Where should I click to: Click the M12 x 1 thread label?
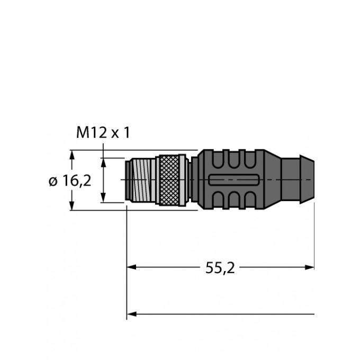click(x=103, y=133)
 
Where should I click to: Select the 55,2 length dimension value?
click(x=220, y=268)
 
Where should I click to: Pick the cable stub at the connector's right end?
click(x=300, y=180)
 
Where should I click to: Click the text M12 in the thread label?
click(x=92, y=133)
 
